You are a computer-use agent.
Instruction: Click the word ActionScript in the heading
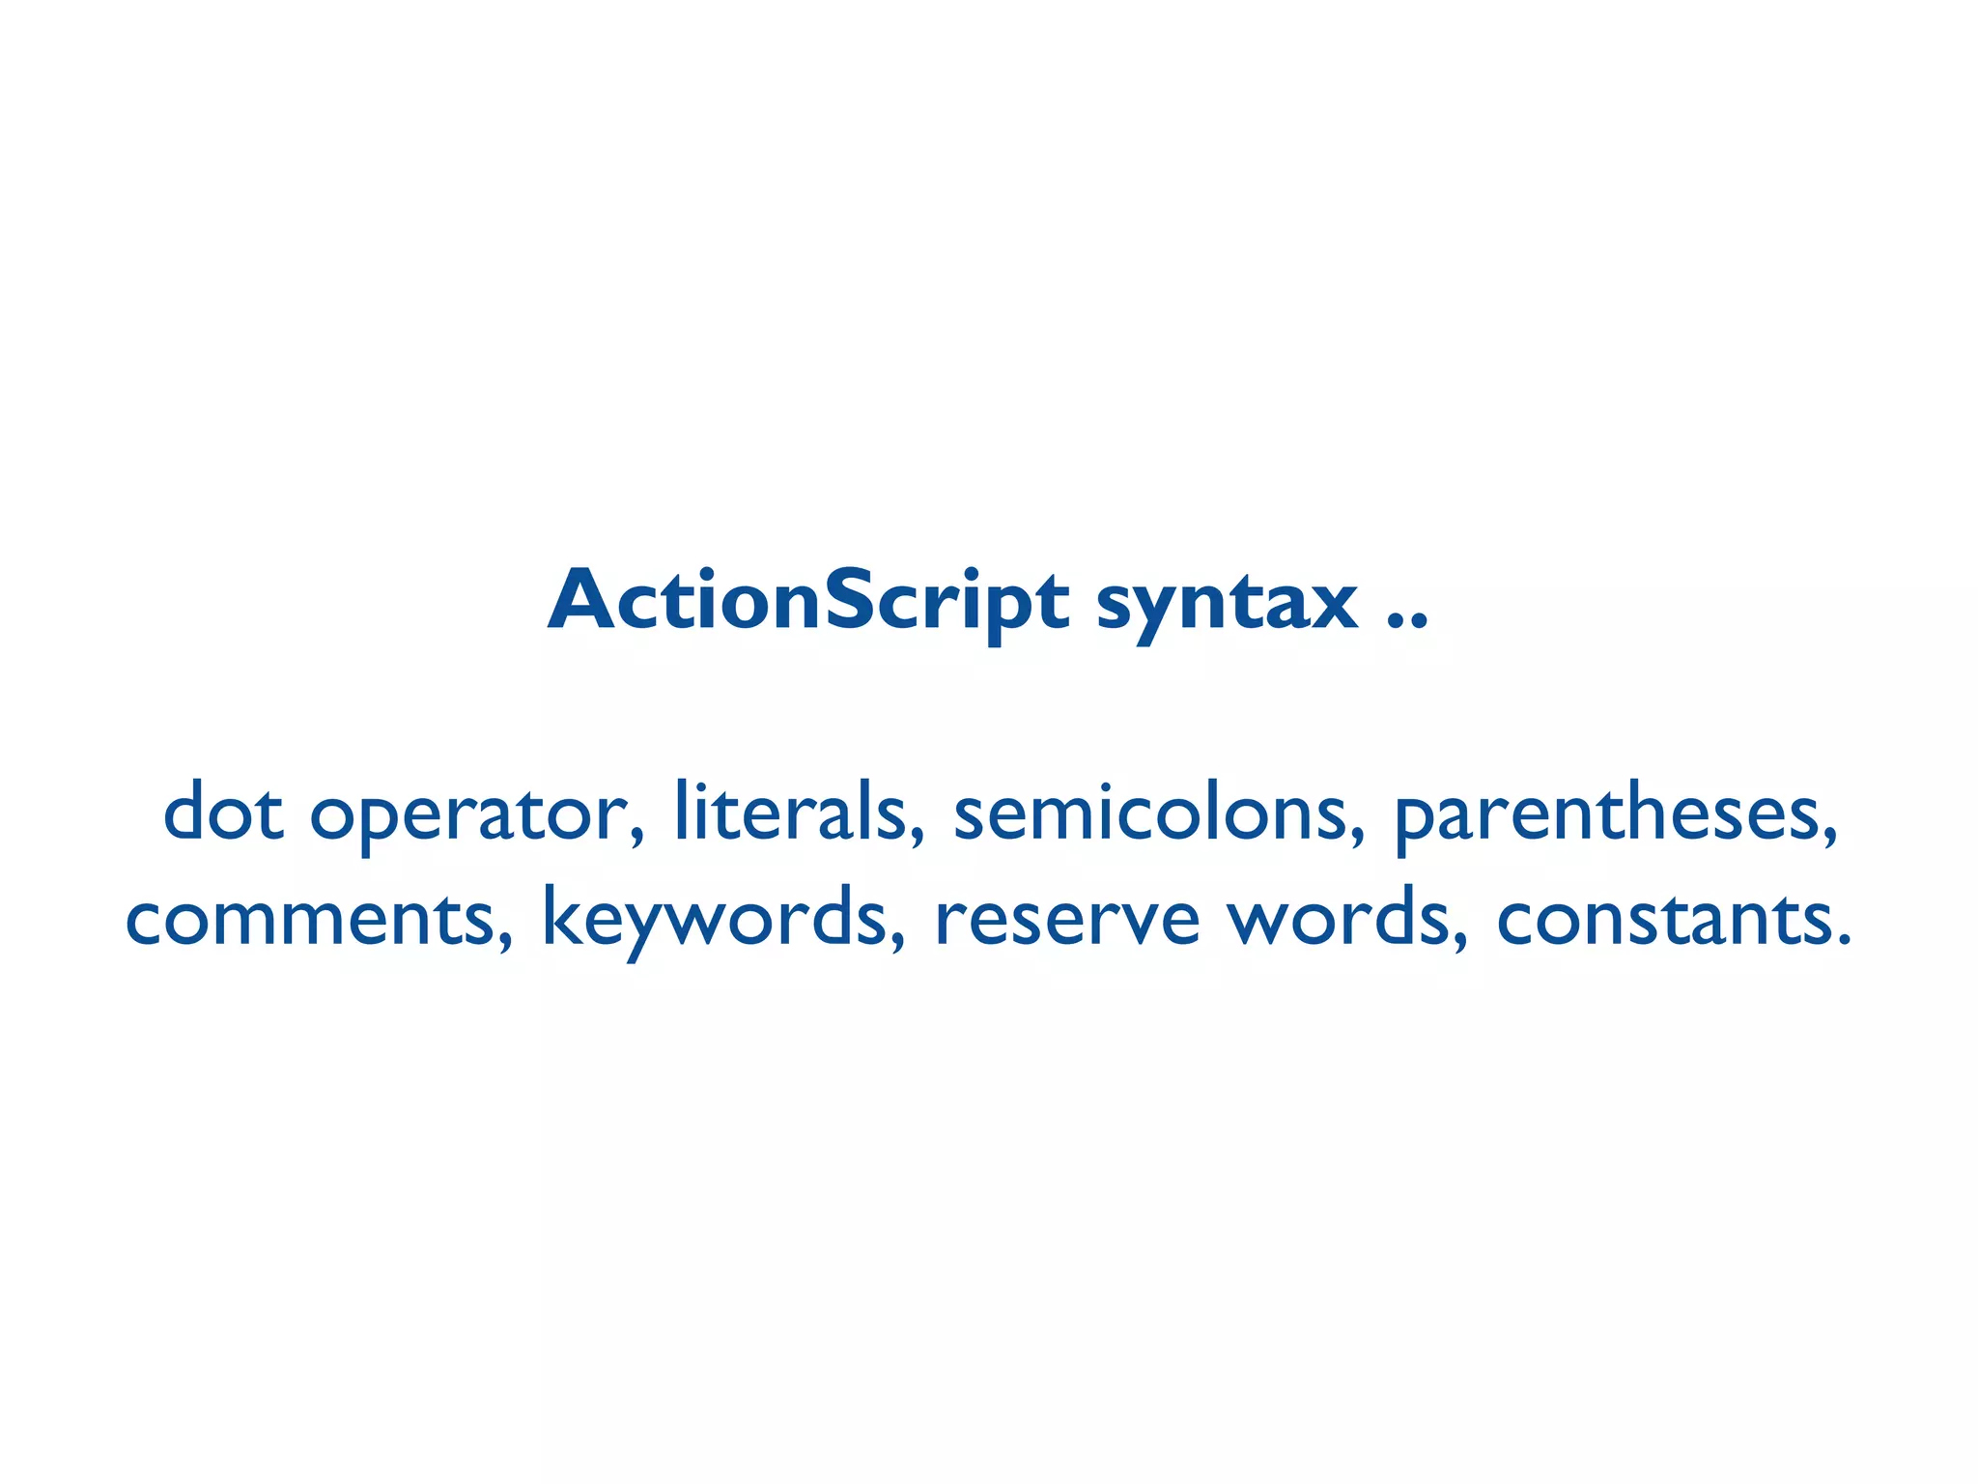coord(808,602)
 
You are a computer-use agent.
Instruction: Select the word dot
coord(223,813)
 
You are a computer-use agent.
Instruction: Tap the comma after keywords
coord(896,944)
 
